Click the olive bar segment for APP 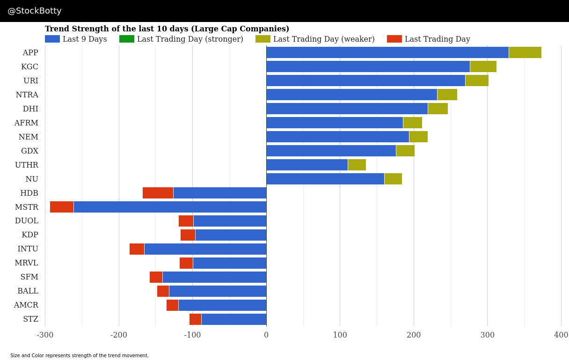(525, 52)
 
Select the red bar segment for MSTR (62, 207)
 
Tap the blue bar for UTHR (307, 165)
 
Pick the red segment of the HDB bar (158, 193)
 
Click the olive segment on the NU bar (393, 179)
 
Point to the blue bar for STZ (233, 319)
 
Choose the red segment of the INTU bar (137, 249)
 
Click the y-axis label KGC (29, 67)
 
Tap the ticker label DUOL (26, 221)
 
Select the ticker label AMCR (26, 305)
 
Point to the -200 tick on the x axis (119, 335)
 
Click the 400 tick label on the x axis (561, 335)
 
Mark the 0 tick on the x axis (266, 335)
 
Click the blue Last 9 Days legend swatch (52, 39)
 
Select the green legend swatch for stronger (126, 39)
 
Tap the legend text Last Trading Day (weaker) (324, 39)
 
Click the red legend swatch (394, 39)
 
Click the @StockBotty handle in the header (35, 11)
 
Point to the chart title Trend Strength (167, 29)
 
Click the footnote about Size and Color (80, 356)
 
